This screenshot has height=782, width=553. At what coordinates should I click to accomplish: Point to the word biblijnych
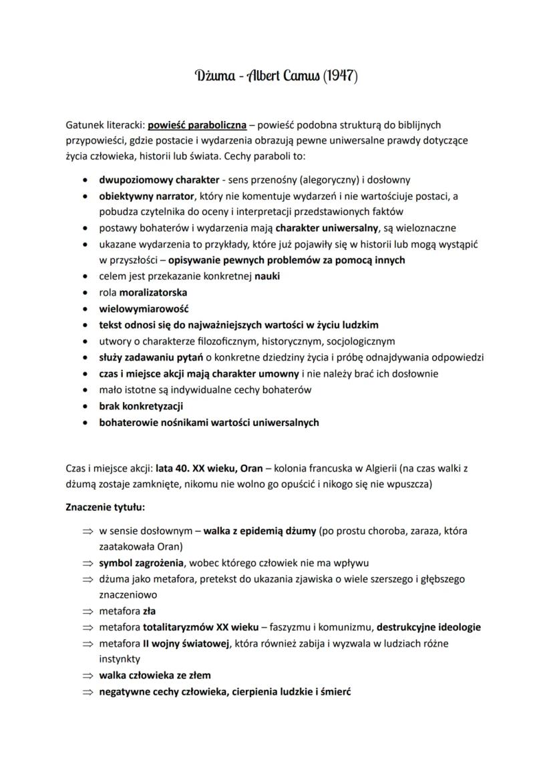[x=417, y=124]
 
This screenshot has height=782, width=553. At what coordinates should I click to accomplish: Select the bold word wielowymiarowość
[x=144, y=309]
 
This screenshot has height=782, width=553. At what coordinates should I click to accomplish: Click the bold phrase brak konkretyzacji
[x=142, y=406]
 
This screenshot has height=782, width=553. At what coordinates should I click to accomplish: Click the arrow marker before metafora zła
[x=86, y=611]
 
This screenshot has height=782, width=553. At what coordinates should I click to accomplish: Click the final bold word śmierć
[x=335, y=691]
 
